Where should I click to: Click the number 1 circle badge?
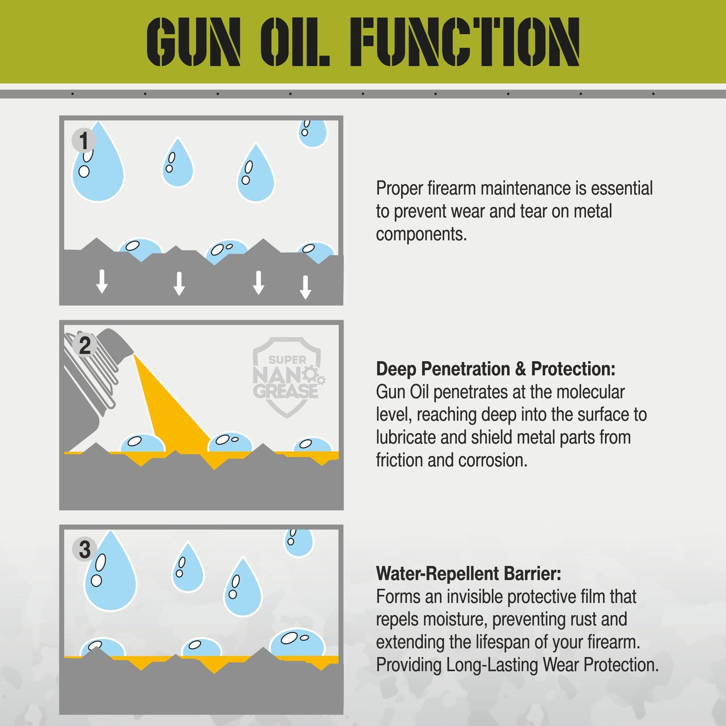point(83,141)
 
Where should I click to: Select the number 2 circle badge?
point(84,345)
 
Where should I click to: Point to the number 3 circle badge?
point(84,549)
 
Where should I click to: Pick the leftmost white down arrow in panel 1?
point(102,281)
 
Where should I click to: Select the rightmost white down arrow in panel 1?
point(305,287)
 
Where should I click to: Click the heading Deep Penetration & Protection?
point(495,369)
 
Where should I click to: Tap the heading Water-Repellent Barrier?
point(468,573)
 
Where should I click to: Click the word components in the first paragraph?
point(421,234)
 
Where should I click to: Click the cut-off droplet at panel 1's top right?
point(312,133)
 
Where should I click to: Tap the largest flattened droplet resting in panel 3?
point(297,644)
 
